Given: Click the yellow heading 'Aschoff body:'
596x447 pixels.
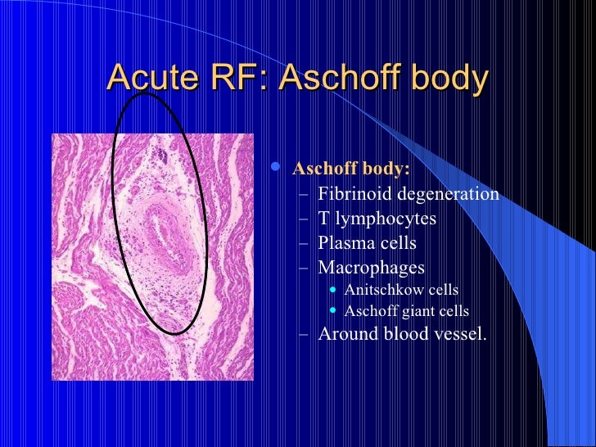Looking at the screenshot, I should [x=351, y=169].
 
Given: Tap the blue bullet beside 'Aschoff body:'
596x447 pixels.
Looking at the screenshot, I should [x=277, y=168].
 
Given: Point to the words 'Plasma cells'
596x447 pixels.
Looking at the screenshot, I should [x=367, y=243].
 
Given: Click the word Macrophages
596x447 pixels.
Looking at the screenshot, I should [x=371, y=268].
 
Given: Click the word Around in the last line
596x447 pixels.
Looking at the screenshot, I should [x=346, y=333].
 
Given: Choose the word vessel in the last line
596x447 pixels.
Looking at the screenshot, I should [x=458, y=333].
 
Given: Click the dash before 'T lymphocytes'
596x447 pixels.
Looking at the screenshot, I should [x=305, y=219].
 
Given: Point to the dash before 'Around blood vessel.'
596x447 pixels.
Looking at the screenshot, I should [x=305, y=334].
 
